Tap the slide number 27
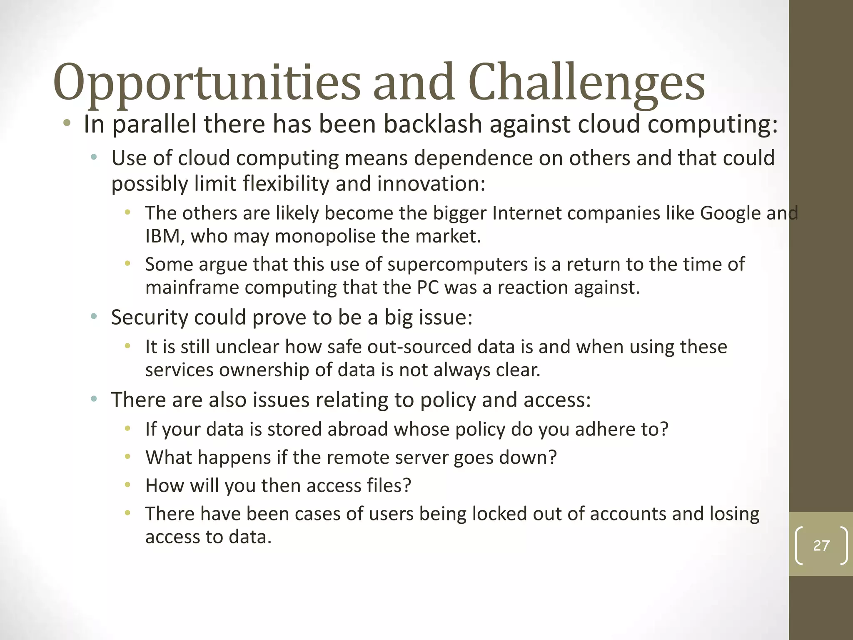821,545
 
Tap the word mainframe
192,287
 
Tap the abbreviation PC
428,287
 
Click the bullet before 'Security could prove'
94,317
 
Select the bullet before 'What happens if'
127,457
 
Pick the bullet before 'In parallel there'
67,124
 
